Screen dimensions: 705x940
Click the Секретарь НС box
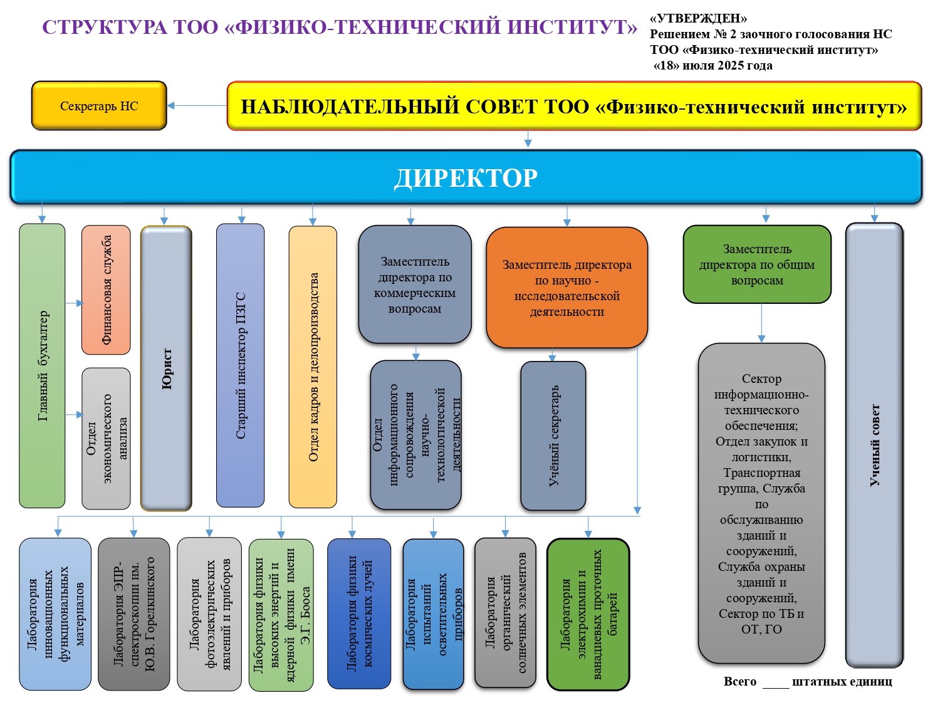coord(99,106)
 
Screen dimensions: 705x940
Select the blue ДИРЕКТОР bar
coord(466,177)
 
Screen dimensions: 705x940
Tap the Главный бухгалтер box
coord(42,365)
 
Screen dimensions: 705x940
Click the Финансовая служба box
coord(106,290)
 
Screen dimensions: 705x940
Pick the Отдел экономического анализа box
coord(106,438)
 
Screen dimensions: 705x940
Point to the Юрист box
coord(166,368)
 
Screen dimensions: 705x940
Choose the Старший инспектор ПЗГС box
coord(240,365)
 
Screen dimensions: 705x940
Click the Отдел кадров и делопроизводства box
coord(313,367)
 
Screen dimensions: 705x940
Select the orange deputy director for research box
coord(567,288)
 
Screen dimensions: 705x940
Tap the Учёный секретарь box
coord(553,436)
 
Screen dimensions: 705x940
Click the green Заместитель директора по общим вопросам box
coord(757,264)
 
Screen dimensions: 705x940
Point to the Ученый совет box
coord(874,445)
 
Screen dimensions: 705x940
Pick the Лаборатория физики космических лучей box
coord(359,614)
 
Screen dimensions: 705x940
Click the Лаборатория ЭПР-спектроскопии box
coord(133,614)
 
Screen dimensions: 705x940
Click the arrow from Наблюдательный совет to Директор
coord(528,139)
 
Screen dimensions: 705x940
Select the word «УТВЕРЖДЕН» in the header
coord(698,19)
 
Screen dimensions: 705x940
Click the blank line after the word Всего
coord(775,683)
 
